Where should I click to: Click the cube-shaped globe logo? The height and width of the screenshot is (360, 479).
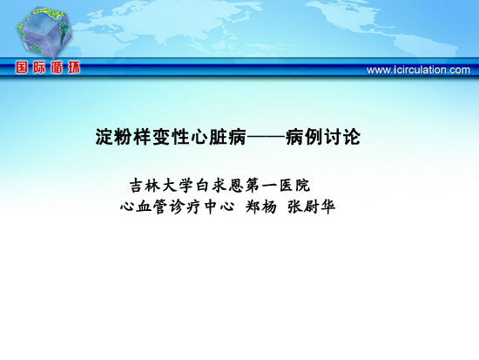[44, 33]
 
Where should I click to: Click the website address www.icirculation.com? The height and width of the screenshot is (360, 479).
[418, 70]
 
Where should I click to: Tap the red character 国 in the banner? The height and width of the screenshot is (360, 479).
[22, 67]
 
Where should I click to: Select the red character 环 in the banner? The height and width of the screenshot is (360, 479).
[74, 67]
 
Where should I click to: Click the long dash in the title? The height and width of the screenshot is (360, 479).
[266, 138]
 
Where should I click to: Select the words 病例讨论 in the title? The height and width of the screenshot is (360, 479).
[323, 137]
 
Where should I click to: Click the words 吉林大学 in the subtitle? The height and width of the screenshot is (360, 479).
[162, 186]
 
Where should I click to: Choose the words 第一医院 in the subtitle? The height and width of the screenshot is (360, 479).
[278, 186]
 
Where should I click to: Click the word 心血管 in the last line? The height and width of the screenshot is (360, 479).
[144, 207]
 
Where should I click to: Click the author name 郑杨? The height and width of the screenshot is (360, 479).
[261, 207]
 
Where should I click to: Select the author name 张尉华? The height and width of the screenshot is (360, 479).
[312, 207]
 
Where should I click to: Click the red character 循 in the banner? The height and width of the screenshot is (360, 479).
[57, 67]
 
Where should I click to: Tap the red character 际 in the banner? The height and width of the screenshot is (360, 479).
[39, 67]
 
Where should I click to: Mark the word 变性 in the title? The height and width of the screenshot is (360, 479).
[172, 137]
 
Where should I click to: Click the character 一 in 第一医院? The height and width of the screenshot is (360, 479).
[270, 186]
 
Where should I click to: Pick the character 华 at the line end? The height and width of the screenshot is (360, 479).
[327, 207]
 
